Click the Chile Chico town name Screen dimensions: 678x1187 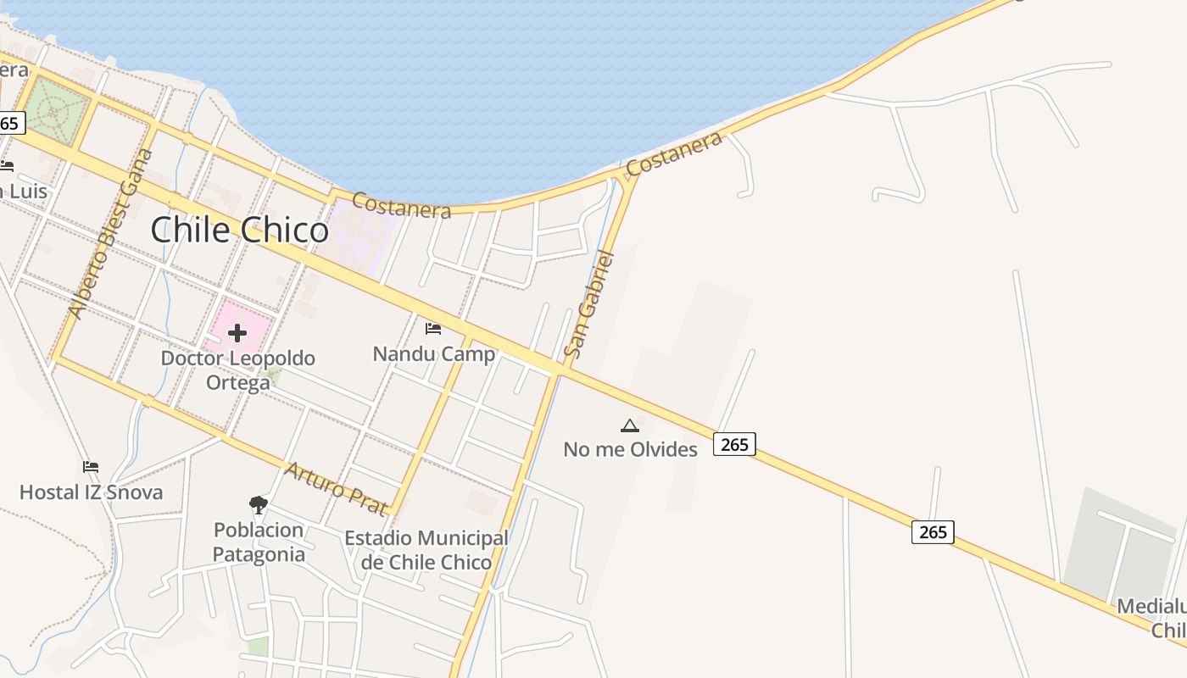point(239,231)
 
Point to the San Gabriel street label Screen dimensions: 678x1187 point(589,303)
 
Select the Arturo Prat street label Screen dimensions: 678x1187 point(336,488)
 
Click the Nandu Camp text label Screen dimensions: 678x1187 point(433,353)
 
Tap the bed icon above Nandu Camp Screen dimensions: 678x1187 point(433,328)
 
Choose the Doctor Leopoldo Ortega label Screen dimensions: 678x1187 point(238,370)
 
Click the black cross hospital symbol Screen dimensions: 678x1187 point(237,333)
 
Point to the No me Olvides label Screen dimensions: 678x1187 point(630,449)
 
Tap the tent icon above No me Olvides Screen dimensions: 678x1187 point(629,425)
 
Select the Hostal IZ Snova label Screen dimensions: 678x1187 point(91,492)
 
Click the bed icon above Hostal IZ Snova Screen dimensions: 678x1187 point(91,467)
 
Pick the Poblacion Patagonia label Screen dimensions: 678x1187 point(259,542)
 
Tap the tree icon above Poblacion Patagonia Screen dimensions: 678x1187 point(259,506)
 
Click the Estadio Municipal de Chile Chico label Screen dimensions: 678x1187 point(426,550)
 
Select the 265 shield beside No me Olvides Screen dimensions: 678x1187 point(734,443)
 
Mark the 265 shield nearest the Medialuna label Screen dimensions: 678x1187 point(933,532)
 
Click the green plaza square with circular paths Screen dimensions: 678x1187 point(55,111)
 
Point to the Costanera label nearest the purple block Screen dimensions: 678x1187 point(400,204)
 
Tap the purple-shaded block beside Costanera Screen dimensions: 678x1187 point(360,233)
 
